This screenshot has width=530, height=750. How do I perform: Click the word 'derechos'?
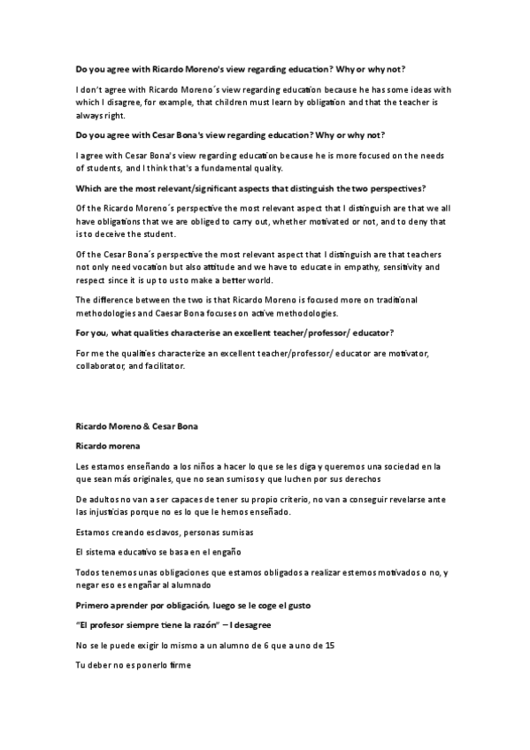pos(359,479)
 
